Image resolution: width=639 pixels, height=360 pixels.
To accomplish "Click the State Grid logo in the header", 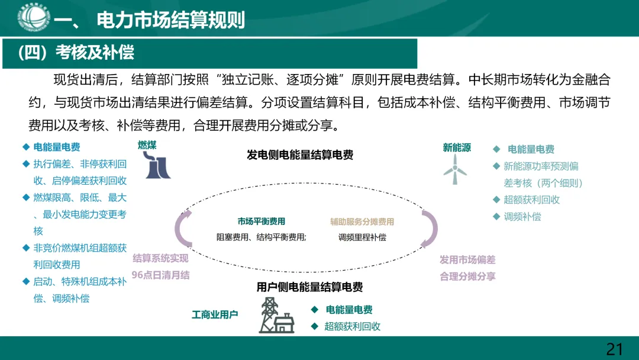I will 34,18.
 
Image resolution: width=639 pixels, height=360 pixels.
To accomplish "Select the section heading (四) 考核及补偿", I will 76,53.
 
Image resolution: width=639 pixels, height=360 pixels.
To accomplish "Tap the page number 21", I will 615,349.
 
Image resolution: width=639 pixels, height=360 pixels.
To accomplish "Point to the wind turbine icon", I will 455,168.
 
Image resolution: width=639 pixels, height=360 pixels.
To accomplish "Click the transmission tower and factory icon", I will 276,316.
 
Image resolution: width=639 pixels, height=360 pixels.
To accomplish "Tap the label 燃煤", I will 147,145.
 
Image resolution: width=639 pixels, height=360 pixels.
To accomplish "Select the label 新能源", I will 457,147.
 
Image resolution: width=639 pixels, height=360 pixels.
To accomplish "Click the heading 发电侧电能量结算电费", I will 300,155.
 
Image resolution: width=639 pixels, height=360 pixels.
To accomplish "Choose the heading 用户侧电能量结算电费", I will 309,287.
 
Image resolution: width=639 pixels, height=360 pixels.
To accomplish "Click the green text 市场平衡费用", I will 262,221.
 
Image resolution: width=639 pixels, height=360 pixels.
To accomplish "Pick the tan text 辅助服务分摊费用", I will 362,222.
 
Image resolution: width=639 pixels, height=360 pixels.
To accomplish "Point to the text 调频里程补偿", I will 362,237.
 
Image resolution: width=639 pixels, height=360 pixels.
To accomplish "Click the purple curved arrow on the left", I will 183,230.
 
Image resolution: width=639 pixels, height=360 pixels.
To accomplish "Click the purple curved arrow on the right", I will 429,230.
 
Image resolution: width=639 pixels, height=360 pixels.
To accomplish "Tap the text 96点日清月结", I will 160,275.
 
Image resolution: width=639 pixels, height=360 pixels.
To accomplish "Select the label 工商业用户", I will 215,314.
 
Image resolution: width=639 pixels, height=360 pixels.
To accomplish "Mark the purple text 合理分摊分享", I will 467,276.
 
